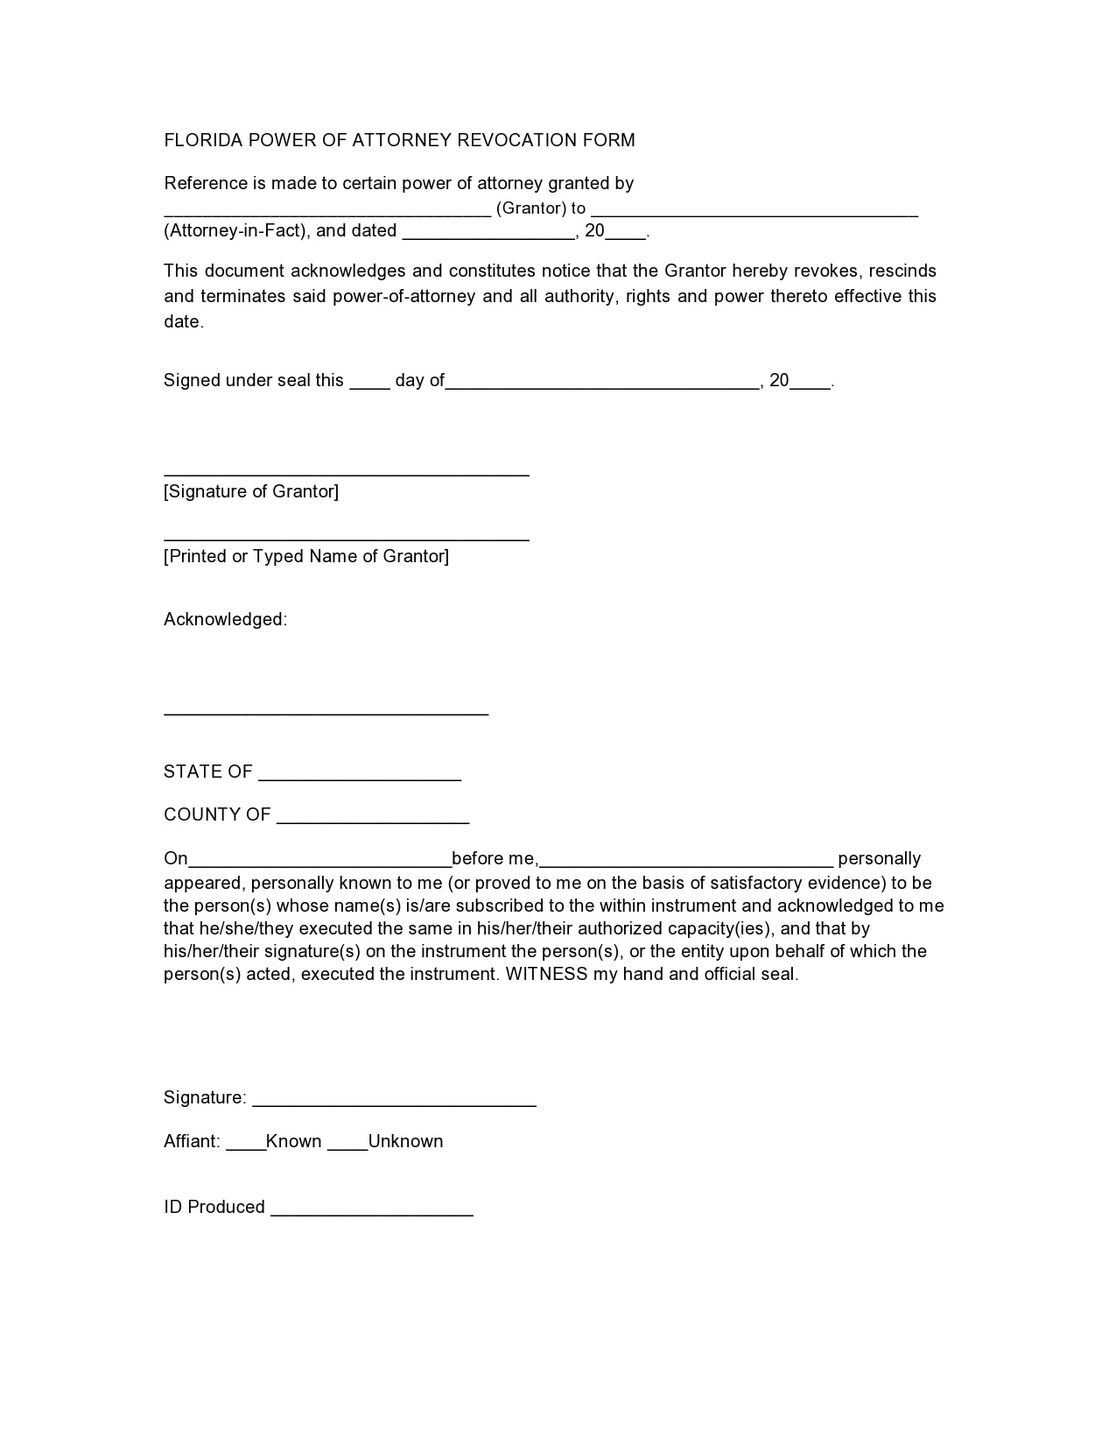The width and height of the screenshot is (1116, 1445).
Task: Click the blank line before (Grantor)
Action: (x=327, y=211)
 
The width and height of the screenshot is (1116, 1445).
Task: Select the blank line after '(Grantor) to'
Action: (x=754, y=211)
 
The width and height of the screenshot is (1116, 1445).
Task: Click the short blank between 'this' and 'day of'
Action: (x=369, y=383)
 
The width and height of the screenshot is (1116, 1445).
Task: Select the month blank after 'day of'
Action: (x=602, y=383)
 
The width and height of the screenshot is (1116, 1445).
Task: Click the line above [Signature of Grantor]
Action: (x=346, y=472)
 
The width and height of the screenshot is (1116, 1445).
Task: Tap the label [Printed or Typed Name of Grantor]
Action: (x=306, y=556)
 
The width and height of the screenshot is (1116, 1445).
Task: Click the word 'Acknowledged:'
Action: (x=225, y=620)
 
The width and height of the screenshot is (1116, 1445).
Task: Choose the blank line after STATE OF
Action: (x=360, y=776)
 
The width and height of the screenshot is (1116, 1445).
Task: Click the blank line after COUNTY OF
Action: (x=373, y=820)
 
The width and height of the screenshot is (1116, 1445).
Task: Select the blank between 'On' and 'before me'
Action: (x=319, y=862)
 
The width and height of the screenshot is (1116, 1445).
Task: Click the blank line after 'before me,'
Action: (x=686, y=862)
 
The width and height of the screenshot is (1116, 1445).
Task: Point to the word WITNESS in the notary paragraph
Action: (x=547, y=974)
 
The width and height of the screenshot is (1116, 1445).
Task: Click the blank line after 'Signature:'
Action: (x=394, y=1103)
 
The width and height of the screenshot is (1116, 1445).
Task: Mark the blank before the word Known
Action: (x=246, y=1145)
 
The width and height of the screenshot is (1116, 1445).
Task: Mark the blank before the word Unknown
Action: (x=347, y=1145)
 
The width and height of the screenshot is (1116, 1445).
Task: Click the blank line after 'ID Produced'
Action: (x=372, y=1212)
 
